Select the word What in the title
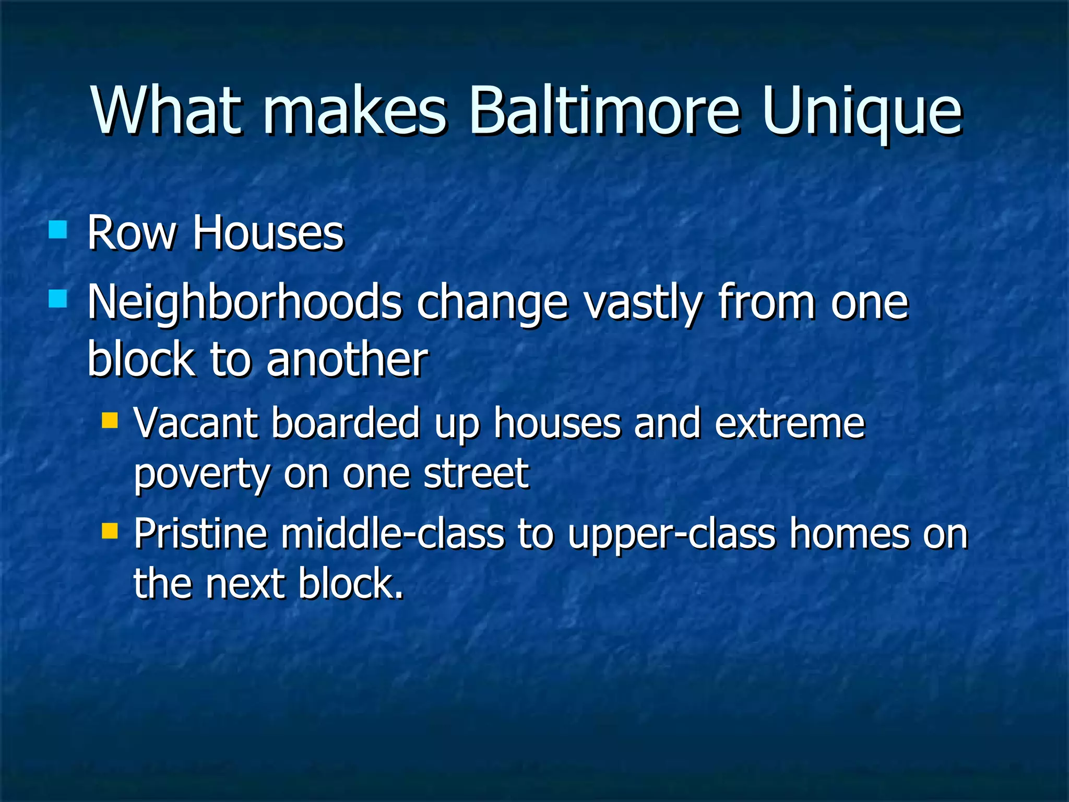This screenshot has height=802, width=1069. click(x=167, y=111)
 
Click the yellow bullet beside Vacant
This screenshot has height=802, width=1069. click(x=110, y=420)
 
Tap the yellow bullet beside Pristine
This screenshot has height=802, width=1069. click(x=110, y=531)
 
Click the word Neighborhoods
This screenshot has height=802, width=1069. click(x=244, y=303)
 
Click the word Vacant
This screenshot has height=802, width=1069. click(x=196, y=422)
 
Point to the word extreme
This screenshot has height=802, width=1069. click(x=790, y=422)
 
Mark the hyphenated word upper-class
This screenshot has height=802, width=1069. click(x=672, y=535)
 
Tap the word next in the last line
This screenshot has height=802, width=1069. click(x=245, y=584)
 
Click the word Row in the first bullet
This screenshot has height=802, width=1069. click(x=132, y=233)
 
